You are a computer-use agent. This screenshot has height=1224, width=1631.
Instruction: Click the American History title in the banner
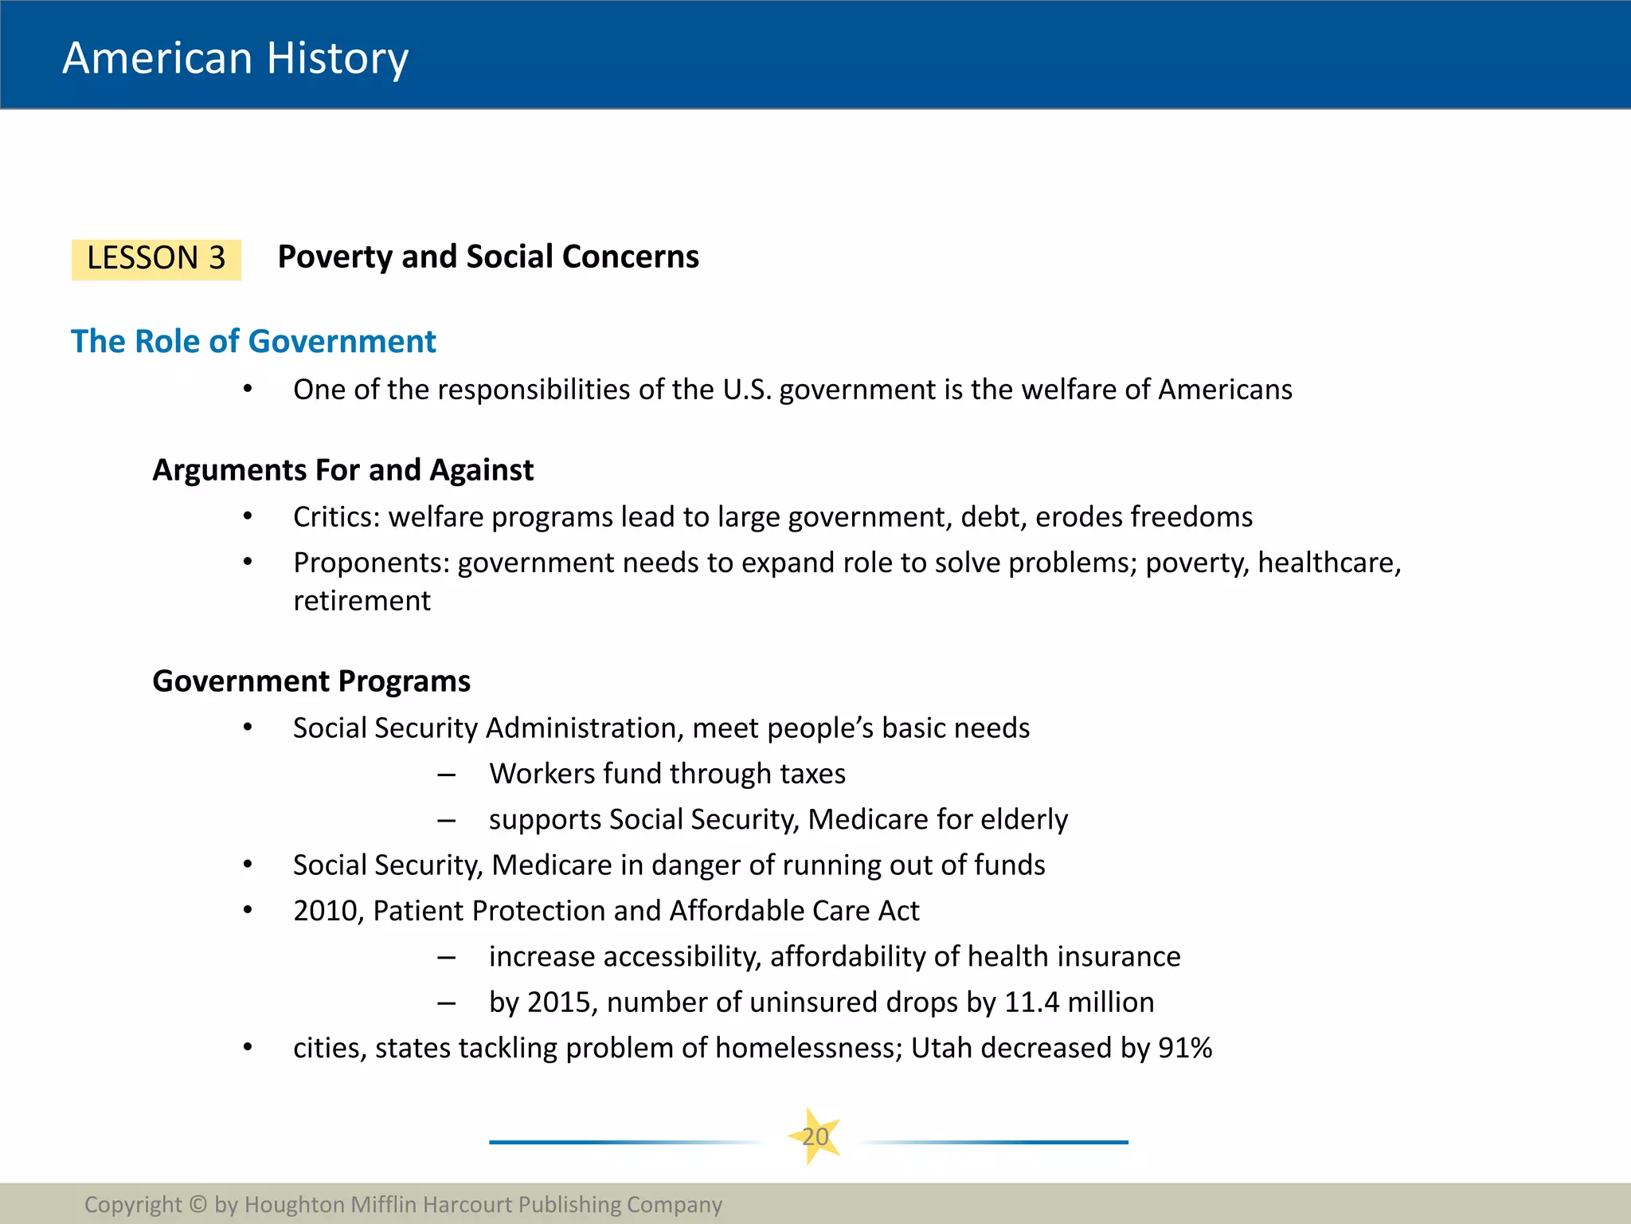click(x=236, y=58)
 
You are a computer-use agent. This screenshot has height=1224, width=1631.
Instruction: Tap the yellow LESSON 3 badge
click(x=156, y=259)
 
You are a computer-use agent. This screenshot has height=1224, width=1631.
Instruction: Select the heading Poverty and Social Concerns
click(x=488, y=257)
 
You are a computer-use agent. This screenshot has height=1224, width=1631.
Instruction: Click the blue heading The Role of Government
click(x=253, y=341)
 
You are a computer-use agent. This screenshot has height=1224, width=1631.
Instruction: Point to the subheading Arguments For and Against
click(x=342, y=470)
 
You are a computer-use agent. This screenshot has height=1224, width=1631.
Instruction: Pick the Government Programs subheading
click(x=311, y=681)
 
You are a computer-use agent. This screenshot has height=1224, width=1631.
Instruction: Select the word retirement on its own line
click(x=362, y=601)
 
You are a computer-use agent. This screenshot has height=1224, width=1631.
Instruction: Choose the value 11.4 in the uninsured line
click(x=1031, y=1002)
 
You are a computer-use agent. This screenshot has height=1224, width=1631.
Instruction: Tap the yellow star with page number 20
click(x=815, y=1136)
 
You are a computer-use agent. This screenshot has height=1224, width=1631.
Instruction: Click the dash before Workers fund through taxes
click(x=446, y=775)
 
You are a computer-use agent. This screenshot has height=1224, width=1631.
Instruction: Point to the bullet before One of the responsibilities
click(x=248, y=390)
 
